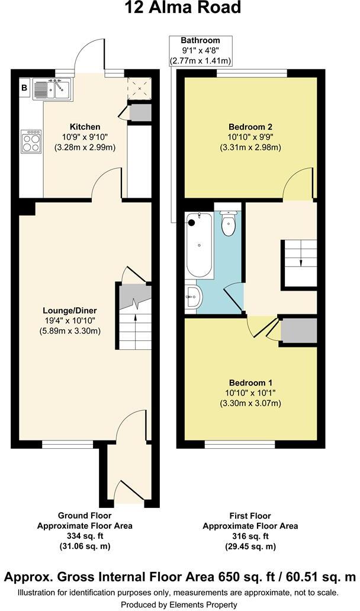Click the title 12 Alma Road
pyautogui.click(x=183, y=8)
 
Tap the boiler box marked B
pyautogui.click(x=25, y=89)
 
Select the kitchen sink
pyautogui.click(x=53, y=89)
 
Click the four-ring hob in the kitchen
pyautogui.click(x=31, y=140)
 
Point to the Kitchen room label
pyautogui.click(x=85, y=127)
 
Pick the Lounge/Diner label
pyautogui.click(x=69, y=310)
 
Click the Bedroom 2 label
pyautogui.click(x=250, y=127)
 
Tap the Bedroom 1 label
pyautogui.click(x=250, y=382)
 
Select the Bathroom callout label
pyautogui.click(x=200, y=40)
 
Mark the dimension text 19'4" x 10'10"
pyautogui.click(x=69, y=320)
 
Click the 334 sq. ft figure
pyautogui.click(x=85, y=536)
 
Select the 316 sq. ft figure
pyautogui.click(x=250, y=536)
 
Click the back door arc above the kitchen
pyautogui.click(x=90, y=54)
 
